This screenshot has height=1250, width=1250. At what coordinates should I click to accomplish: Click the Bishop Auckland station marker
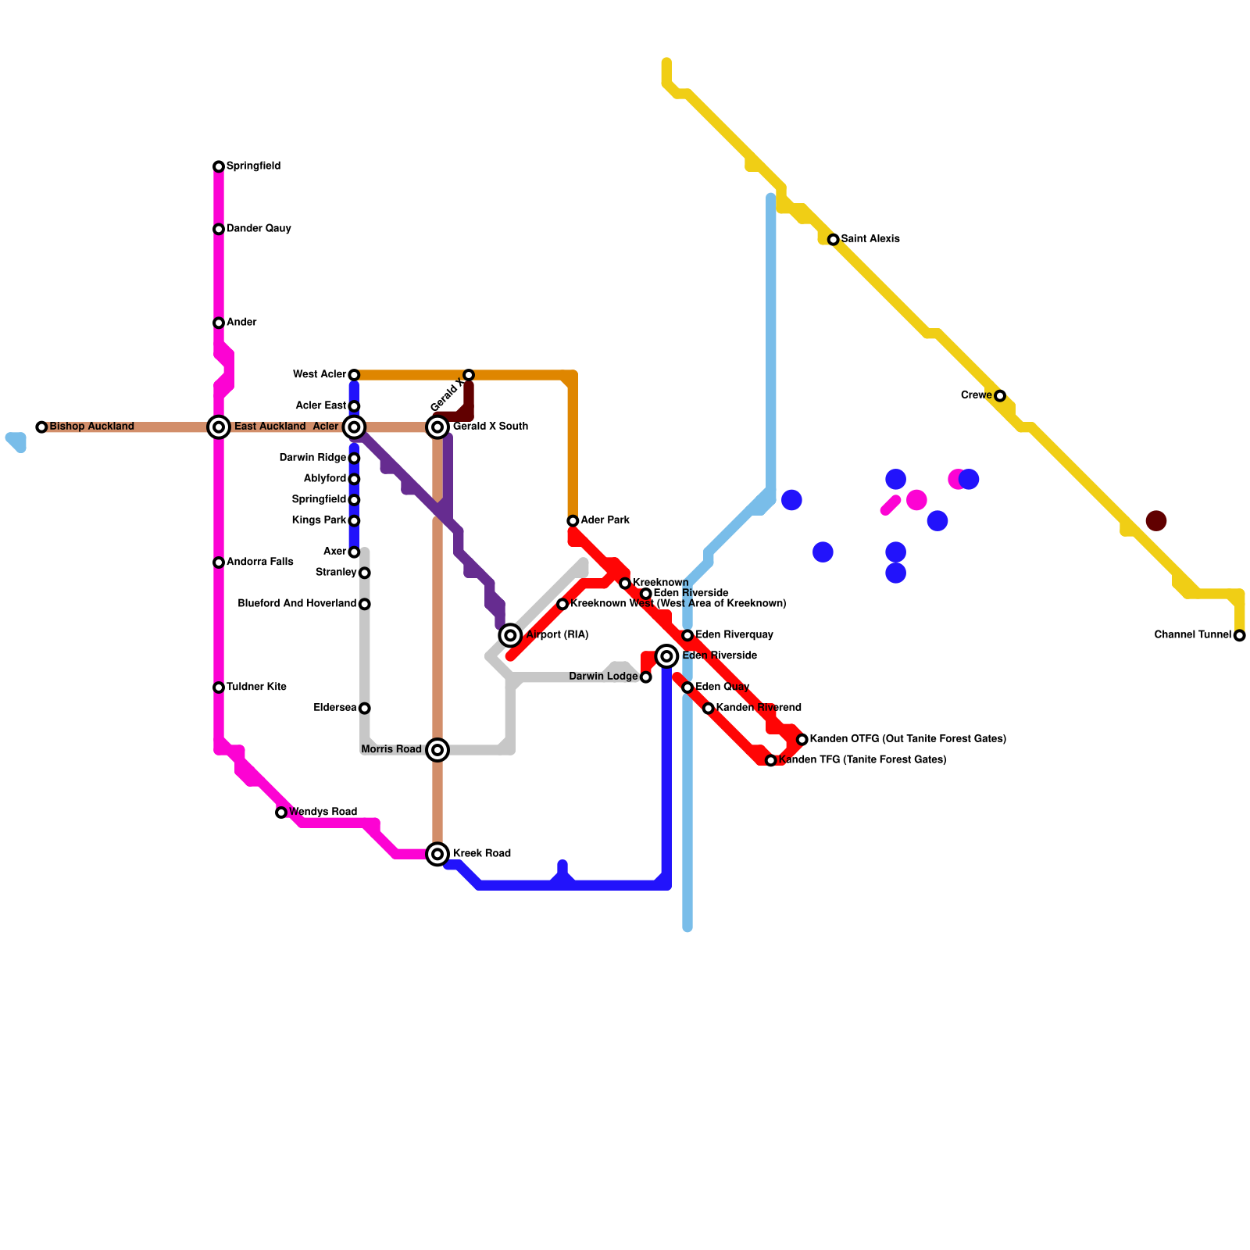[41, 427]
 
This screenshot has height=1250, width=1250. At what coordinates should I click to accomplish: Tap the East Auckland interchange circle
[220, 427]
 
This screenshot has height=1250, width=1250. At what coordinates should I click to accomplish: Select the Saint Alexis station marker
[833, 239]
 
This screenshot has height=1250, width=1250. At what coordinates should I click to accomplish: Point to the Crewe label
[976, 395]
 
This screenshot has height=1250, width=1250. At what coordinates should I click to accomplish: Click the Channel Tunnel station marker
[1239, 635]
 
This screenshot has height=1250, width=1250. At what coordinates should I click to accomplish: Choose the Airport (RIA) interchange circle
[510, 635]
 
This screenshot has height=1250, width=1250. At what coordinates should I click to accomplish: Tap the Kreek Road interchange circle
[438, 854]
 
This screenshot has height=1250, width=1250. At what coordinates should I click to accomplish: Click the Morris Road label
[391, 749]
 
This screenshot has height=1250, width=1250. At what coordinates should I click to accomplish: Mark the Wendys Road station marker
[281, 812]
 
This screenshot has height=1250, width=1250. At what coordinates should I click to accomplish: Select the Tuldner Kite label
[256, 687]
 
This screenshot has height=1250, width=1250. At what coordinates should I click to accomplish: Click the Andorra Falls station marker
[219, 562]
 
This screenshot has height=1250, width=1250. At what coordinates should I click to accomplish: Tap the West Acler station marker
[354, 375]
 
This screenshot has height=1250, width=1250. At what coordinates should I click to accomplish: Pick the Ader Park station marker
[573, 520]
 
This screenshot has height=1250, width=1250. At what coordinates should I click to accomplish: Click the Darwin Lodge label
[603, 677]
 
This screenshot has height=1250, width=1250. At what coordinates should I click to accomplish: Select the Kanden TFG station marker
[770, 760]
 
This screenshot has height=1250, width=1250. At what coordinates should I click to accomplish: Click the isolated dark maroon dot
[1156, 520]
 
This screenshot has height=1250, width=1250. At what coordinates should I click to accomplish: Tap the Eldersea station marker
[364, 708]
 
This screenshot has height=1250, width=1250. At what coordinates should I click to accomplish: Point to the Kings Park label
[319, 520]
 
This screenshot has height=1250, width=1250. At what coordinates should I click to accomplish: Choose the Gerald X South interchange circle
[438, 427]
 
